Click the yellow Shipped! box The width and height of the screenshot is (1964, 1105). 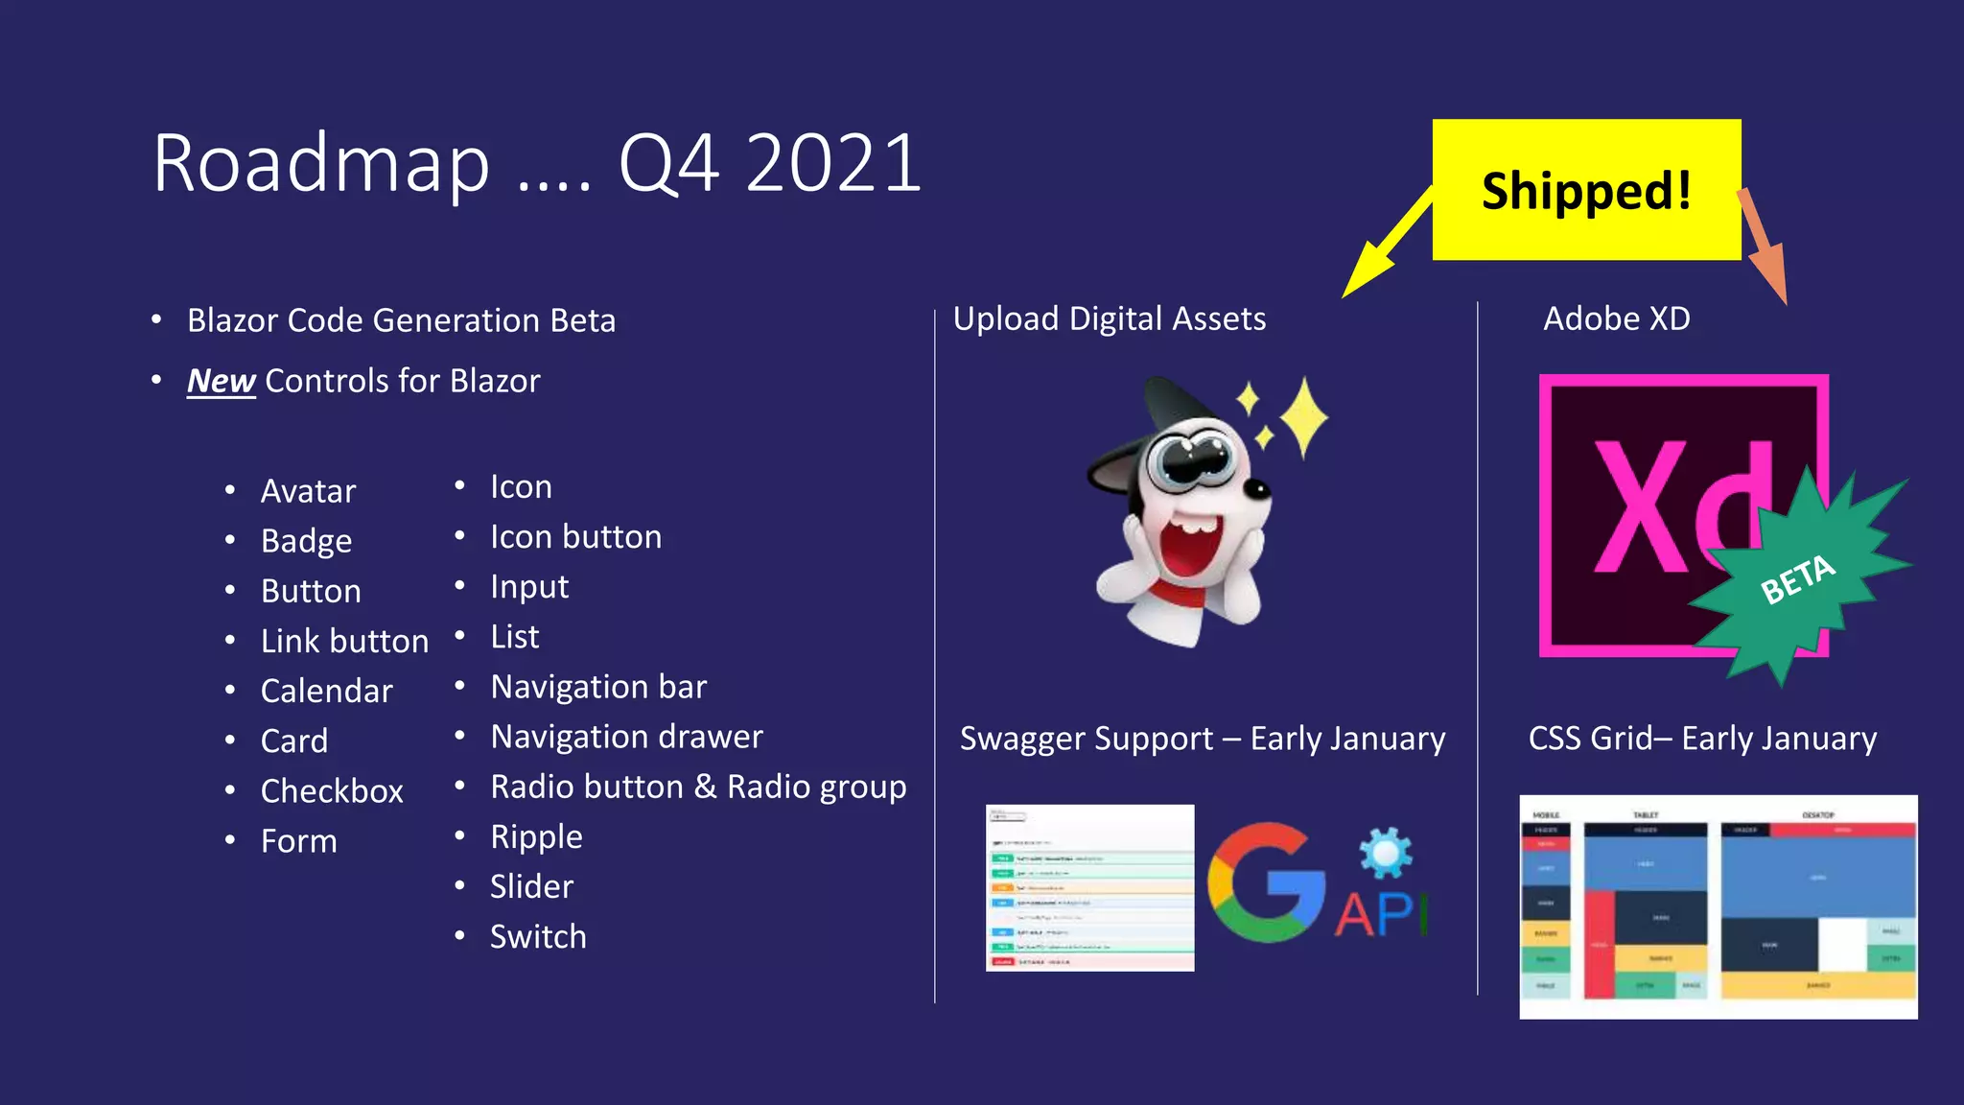[1586, 190]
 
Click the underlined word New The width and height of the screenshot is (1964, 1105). [221, 381]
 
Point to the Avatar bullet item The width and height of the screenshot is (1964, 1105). [308, 491]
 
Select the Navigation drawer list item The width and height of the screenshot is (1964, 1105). [626, 737]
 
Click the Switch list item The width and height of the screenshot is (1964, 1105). [538, 936]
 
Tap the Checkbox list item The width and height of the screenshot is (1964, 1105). [332, 791]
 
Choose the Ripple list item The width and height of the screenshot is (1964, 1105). [536, 836]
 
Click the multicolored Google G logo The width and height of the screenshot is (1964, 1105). [1264, 882]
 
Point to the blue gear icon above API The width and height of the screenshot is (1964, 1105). [1386, 853]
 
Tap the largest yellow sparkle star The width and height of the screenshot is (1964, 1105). [1304, 416]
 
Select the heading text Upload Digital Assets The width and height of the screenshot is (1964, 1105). [1110, 318]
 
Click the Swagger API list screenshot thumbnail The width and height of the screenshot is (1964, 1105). [1089, 887]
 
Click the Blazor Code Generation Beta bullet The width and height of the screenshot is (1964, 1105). [401, 320]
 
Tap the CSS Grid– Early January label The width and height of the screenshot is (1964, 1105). [1702, 739]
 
